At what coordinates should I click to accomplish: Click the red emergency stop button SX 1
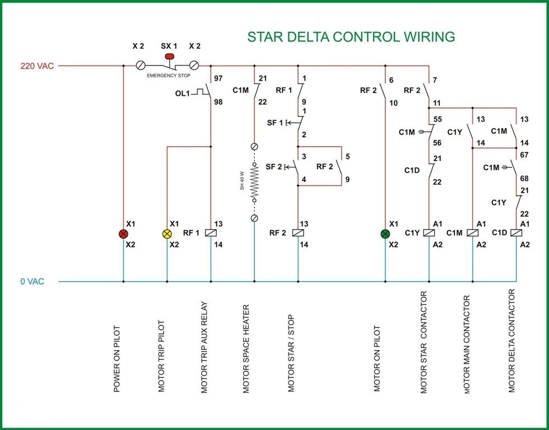tap(168, 56)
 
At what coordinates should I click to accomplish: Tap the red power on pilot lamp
tap(123, 233)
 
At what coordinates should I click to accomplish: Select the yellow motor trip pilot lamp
tap(167, 233)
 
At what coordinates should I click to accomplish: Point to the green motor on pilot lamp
tap(385, 233)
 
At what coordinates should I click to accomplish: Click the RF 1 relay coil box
tap(211, 233)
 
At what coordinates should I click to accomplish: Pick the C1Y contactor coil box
tap(429, 233)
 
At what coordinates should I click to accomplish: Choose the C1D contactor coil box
tap(516, 233)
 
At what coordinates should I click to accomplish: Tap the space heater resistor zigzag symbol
tap(254, 183)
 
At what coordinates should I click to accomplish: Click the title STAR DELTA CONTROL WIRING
tap(351, 38)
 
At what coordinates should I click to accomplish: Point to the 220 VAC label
tap(38, 66)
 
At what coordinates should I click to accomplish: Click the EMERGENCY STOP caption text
tap(168, 75)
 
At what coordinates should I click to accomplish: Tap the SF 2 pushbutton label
tap(274, 167)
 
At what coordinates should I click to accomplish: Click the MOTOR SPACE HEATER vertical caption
tap(246, 349)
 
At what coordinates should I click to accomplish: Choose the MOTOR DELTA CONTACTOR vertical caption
tap(512, 341)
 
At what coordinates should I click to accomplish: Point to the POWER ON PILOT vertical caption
tap(117, 359)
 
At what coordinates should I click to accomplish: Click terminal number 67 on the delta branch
tap(525, 155)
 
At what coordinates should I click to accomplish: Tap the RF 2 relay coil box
tap(298, 233)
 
